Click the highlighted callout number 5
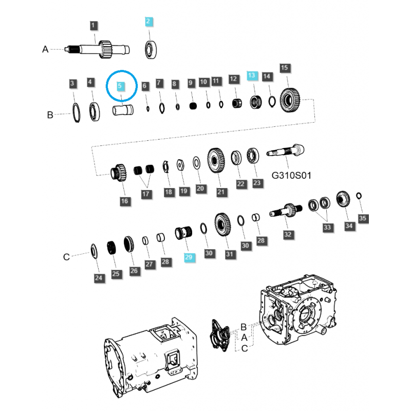click(120, 86)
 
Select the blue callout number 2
click(148, 21)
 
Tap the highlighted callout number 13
click(251, 76)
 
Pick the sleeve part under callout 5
click(123, 110)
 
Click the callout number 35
click(363, 219)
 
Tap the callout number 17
click(147, 194)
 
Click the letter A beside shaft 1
click(45, 49)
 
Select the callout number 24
click(99, 278)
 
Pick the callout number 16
click(124, 201)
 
